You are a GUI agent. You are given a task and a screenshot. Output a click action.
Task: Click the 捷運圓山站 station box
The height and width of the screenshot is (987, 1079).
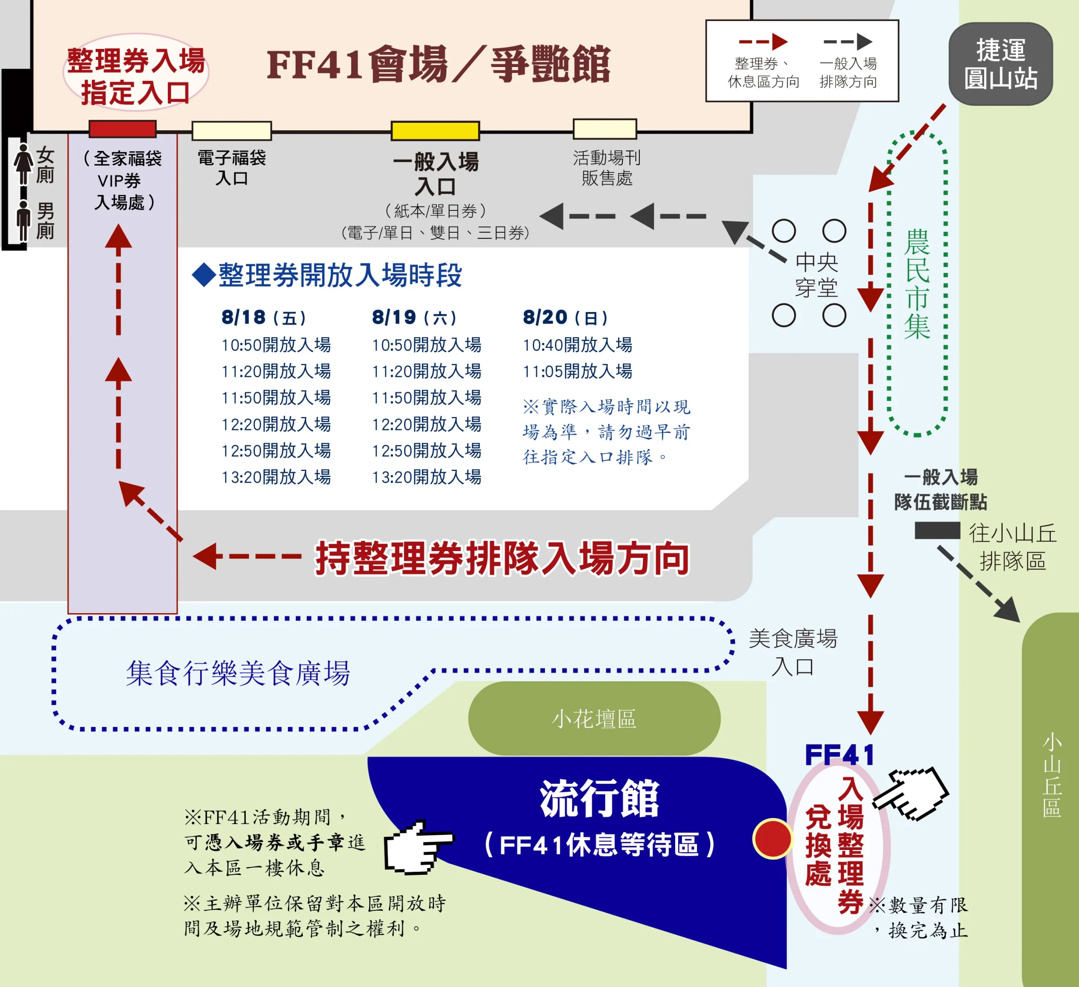coord(1000,64)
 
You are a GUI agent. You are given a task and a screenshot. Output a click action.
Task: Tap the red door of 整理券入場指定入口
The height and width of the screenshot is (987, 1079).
coord(123,129)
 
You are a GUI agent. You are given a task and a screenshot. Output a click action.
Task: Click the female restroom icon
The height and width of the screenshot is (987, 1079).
coord(24,164)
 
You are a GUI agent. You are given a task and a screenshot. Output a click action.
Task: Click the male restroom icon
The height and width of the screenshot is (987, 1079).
coord(24,220)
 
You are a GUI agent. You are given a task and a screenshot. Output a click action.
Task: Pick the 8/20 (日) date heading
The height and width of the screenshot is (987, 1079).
coord(565,317)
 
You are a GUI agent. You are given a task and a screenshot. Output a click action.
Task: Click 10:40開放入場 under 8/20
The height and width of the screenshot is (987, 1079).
coord(577,345)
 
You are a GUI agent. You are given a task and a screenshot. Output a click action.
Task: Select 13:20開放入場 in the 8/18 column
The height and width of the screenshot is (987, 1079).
coord(276,476)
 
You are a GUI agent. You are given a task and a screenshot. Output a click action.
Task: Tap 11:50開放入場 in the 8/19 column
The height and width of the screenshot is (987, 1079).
coord(427,397)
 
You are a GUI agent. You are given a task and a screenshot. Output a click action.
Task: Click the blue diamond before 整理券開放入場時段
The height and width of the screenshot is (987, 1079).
coord(204,275)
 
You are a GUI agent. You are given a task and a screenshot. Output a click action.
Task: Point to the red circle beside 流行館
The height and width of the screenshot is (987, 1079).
coord(772,839)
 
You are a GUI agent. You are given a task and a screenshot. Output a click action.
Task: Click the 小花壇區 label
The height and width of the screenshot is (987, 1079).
coord(594,718)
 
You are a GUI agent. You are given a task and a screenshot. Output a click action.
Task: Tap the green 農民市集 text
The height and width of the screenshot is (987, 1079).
coord(917,284)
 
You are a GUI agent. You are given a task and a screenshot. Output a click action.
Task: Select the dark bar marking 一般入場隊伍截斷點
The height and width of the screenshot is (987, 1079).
coord(937,530)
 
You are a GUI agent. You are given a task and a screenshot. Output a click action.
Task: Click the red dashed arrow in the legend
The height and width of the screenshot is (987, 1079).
coord(763,41)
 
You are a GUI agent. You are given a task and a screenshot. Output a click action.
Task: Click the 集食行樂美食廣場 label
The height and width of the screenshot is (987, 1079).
coord(238,673)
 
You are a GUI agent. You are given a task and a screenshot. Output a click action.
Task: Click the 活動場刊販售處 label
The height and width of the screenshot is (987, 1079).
coord(607,167)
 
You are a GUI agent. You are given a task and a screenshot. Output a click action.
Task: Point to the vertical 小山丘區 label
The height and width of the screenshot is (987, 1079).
coord(1052,775)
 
